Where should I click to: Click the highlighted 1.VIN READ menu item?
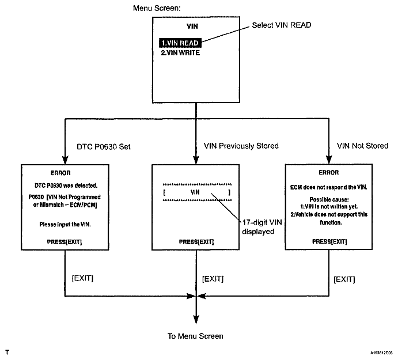[180, 43]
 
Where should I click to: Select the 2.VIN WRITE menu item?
[180, 53]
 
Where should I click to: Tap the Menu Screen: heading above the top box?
[157, 8]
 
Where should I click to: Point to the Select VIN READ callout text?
[282, 25]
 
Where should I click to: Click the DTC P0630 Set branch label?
[104, 147]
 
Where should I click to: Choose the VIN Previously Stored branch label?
[241, 146]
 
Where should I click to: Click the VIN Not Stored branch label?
[362, 146]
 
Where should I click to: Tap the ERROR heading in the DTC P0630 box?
[60, 173]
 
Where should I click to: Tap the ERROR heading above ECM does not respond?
[329, 173]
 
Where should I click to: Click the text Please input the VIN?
[65, 225]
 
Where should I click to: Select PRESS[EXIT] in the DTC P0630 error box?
[65, 242]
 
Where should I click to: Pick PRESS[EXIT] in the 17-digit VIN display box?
[196, 242]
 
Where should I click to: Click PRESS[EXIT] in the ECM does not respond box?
[329, 241]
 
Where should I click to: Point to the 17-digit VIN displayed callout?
[262, 227]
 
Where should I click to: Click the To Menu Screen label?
[195, 336]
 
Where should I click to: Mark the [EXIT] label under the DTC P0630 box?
[82, 278]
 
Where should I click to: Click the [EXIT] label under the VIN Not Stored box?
[344, 279]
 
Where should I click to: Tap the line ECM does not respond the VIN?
[329, 187]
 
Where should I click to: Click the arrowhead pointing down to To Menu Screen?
[196, 320]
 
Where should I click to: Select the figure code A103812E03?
[381, 353]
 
